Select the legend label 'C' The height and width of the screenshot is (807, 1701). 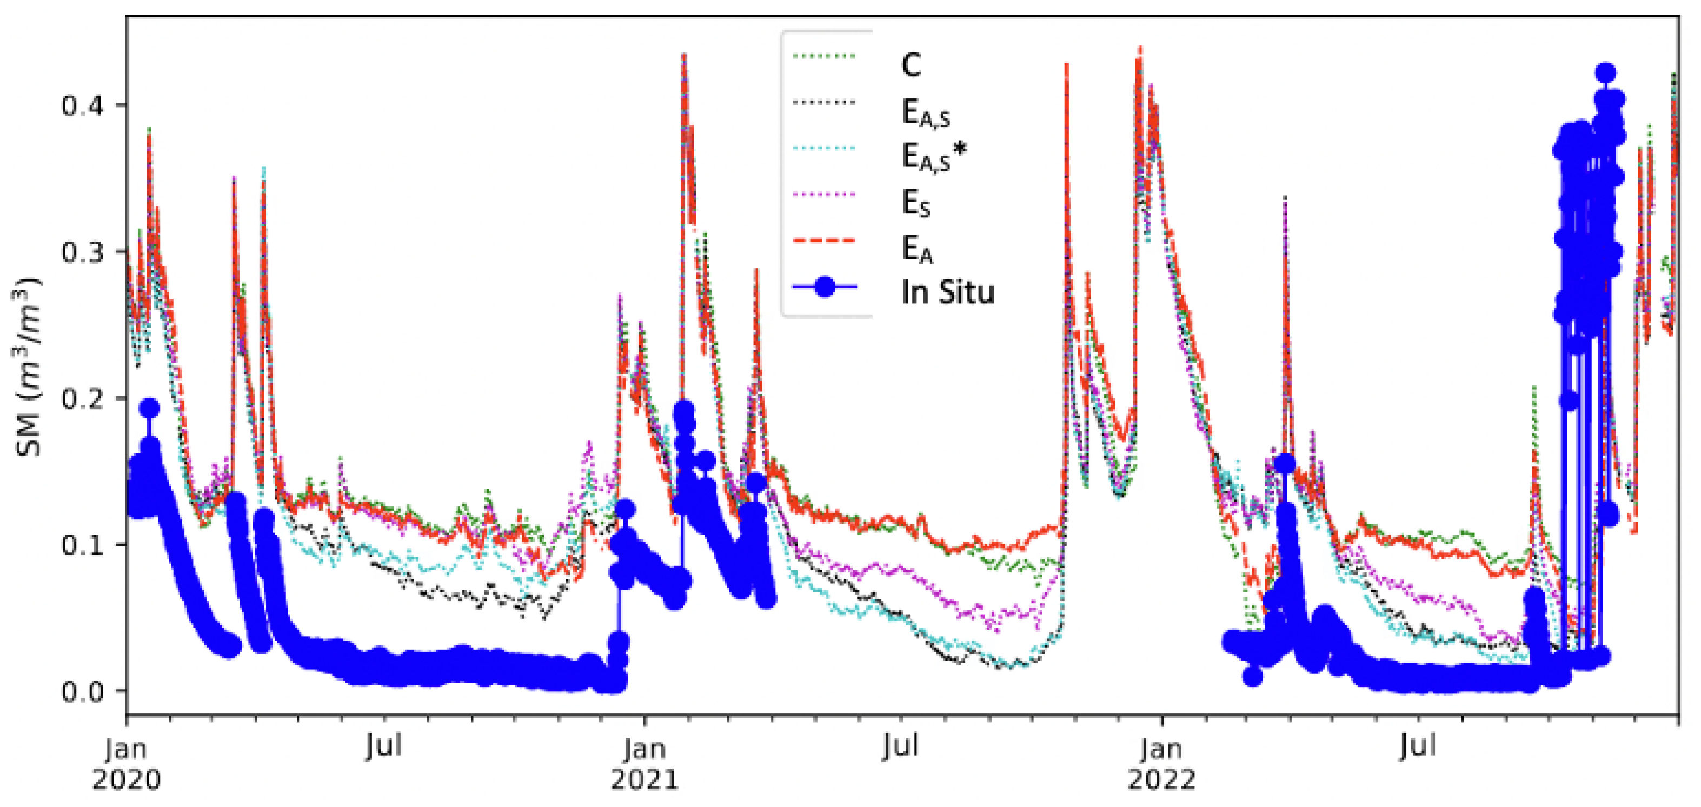[911, 65]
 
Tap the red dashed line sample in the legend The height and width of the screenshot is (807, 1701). [823, 241]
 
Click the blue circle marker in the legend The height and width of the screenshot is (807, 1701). [824, 286]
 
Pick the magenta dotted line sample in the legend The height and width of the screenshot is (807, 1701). [823, 194]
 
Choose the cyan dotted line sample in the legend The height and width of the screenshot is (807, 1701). [823, 149]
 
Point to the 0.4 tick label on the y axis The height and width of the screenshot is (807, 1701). [83, 105]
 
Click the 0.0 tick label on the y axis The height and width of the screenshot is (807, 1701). [83, 691]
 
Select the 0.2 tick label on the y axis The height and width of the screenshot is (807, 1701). [83, 399]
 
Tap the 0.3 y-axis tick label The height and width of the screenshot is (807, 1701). [83, 252]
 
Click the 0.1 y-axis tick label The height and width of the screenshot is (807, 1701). [83, 545]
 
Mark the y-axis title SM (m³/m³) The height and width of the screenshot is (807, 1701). [28, 367]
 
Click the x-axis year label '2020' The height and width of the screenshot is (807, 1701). [126, 781]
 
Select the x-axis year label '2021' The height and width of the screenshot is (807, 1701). [644, 781]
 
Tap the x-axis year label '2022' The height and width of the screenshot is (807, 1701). [1161, 781]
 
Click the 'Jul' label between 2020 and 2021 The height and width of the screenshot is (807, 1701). [384, 747]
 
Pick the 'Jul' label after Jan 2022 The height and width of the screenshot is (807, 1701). [1418, 747]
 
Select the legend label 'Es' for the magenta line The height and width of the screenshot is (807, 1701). [916, 203]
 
